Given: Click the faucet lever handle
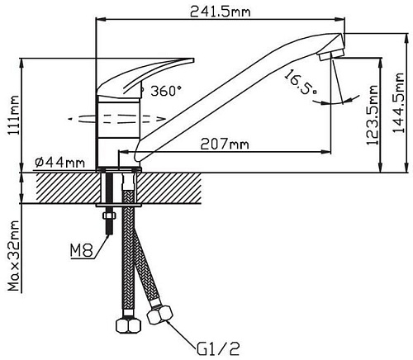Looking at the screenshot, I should click(149, 73).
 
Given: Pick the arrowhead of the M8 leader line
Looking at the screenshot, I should click(108, 234).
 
